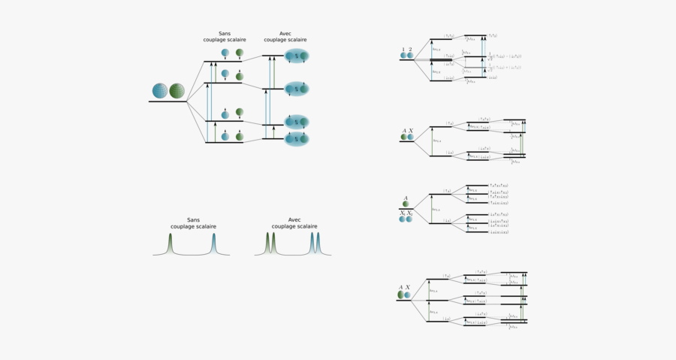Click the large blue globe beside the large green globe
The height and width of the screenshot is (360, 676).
coord(160,91)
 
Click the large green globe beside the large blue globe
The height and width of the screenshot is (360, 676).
coord(177,91)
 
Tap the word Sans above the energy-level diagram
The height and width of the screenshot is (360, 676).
coord(223,34)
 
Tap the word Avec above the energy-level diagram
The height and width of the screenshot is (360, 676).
coord(285,34)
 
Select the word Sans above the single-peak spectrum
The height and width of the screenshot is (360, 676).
coord(194,219)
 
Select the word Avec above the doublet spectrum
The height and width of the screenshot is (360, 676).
coord(285,219)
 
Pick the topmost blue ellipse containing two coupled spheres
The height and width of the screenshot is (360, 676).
coord(297,56)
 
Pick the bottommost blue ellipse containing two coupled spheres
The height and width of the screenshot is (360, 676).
coord(297,139)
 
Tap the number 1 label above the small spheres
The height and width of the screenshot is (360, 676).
coord(403,49)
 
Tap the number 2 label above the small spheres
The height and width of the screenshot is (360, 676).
coord(410,49)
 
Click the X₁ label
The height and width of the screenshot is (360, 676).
coord(403,213)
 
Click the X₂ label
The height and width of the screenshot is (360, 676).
coord(410,213)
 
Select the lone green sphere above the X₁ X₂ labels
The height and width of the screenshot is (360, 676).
coord(406,204)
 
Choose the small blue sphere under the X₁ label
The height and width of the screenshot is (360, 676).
coord(403,219)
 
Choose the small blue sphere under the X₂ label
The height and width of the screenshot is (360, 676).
coord(410,219)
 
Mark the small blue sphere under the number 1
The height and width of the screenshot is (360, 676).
coord(403,56)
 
